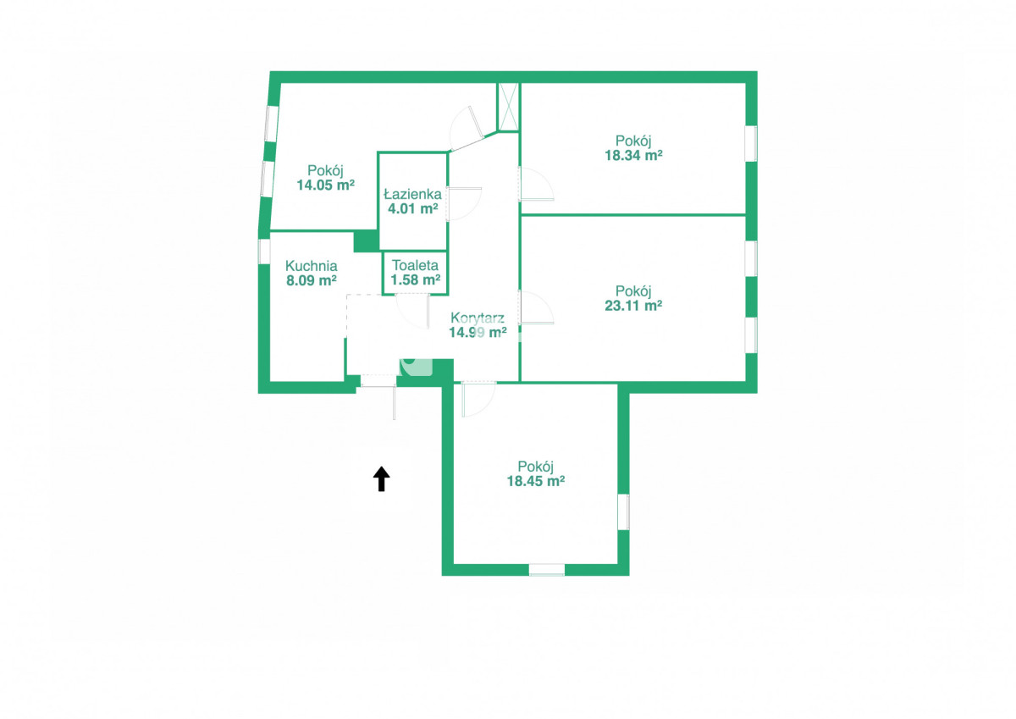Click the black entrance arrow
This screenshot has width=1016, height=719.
click(382, 478)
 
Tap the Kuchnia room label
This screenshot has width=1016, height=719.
click(312, 266)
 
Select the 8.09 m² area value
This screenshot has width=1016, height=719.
click(312, 280)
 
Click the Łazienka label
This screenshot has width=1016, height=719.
click(413, 194)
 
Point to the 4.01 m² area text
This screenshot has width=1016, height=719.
click(413, 208)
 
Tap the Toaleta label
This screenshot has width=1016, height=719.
click(415, 265)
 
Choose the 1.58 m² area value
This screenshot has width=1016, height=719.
click(416, 279)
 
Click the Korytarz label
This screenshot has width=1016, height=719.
click(478, 318)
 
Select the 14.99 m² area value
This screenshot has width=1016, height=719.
click(478, 333)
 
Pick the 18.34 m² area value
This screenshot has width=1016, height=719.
click(633, 155)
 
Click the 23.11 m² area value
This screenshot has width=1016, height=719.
click(633, 305)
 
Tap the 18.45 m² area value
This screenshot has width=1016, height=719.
click(536, 481)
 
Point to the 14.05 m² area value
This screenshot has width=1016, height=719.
click(326, 185)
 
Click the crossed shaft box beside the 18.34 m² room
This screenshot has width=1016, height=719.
click(509, 107)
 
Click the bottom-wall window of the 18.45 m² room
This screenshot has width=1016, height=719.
click(547, 570)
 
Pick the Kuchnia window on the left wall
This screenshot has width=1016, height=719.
click(264, 252)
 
